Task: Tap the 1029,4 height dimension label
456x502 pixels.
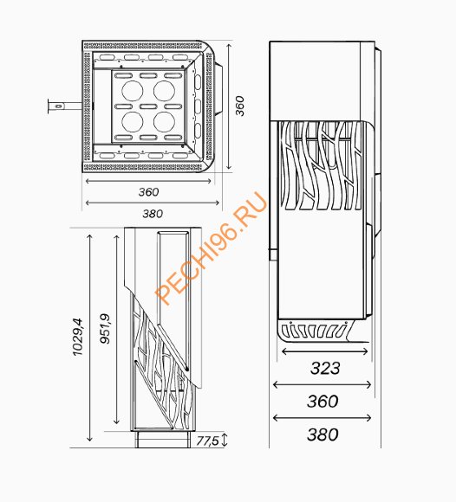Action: click(x=78, y=337)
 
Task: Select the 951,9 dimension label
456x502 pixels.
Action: click(x=105, y=329)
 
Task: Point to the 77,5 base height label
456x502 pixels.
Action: click(x=207, y=441)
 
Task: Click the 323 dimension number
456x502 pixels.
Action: click(x=325, y=368)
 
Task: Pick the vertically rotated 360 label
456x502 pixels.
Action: click(x=239, y=106)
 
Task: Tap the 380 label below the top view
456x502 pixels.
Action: click(x=153, y=214)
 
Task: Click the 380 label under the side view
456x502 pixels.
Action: click(x=322, y=434)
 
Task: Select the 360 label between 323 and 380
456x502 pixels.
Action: click(x=322, y=402)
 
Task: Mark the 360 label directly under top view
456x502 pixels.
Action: click(x=148, y=192)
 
